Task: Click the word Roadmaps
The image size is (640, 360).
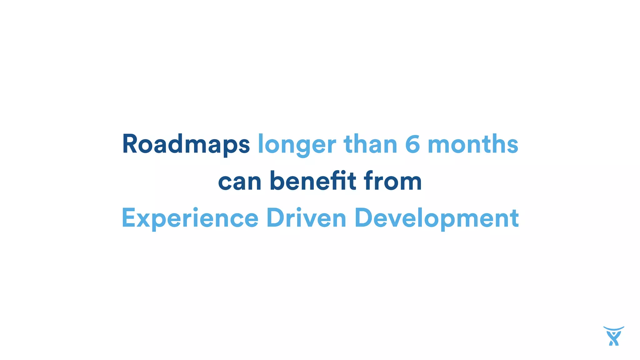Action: (186, 144)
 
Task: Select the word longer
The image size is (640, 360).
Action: (297, 145)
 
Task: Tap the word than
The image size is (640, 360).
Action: (370, 144)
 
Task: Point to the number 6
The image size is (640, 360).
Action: (412, 144)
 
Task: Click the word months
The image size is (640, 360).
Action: (473, 144)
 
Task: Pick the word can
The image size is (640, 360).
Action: (239, 181)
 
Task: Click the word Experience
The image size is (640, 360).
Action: (190, 218)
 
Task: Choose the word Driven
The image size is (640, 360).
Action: (306, 218)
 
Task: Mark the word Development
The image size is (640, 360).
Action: (437, 218)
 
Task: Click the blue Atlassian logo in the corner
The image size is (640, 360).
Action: (613, 336)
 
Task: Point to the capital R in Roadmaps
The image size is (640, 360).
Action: (129, 144)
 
